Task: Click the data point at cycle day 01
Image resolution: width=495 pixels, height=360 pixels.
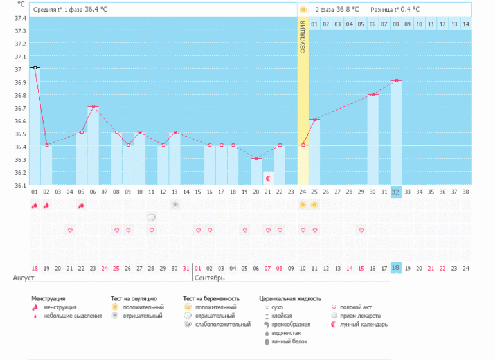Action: tap(35, 67)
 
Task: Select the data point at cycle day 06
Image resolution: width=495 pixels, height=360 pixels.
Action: tap(93, 107)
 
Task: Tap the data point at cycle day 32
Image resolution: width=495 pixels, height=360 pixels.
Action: tap(396, 81)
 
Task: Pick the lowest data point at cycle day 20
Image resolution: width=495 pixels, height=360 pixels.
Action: tap(256, 158)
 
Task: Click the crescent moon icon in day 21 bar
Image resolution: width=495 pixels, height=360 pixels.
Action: tap(269, 177)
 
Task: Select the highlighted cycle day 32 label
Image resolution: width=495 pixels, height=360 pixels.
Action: tap(396, 192)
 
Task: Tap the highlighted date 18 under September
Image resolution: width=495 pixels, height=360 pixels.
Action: tap(396, 268)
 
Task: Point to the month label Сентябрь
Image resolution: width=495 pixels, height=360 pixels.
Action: tap(210, 278)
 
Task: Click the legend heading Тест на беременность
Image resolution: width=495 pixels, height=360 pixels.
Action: tap(211, 299)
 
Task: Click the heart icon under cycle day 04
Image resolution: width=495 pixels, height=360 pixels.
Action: tap(70, 230)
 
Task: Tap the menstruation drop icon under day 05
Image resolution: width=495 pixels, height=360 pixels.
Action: tap(82, 205)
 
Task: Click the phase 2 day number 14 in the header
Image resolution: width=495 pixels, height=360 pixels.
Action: tap(466, 24)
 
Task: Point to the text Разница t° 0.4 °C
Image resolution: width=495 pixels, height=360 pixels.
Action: tap(395, 10)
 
